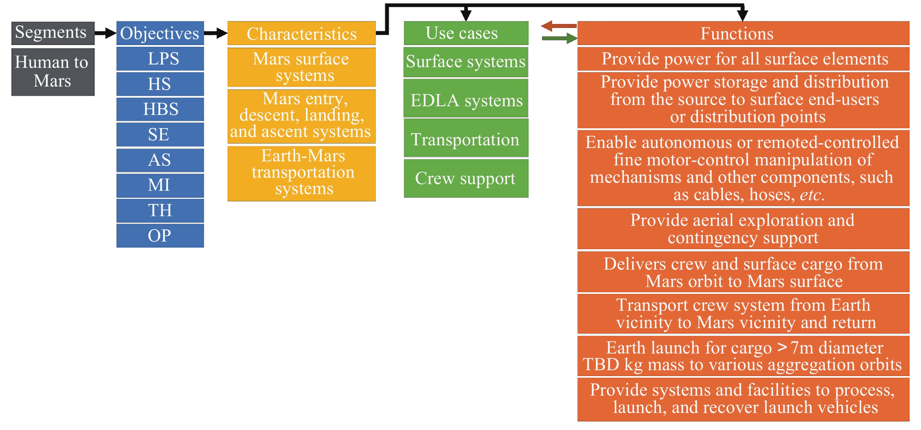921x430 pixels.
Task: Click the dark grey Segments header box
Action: pyautogui.click(x=53, y=33)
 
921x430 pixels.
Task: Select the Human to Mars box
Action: pyautogui.click(x=53, y=72)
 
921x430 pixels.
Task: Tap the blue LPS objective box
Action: pyautogui.click(x=160, y=58)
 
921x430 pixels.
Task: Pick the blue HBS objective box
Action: pyautogui.click(x=160, y=109)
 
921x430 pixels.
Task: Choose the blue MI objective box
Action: pyautogui.click(x=160, y=185)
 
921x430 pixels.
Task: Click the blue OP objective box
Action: pyautogui.click(x=160, y=236)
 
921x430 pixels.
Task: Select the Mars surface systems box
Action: pyautogui.click(x=301, y=67)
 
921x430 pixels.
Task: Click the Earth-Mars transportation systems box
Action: pyautogui.click(x=301, y=173)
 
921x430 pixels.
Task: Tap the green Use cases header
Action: pyautogui.click(x=466, y=33)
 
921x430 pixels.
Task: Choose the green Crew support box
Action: pyautogui.click(x=466, y=178)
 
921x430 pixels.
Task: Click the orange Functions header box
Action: pyautogui.click(x=743, y=33)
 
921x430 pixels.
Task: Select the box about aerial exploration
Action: pyautogui.click(x=743, y=229)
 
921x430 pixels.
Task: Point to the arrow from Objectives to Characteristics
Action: pyautogui.click(x=216, y=33)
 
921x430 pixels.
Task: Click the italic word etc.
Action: pyautogui.click(x=812, y=195)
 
